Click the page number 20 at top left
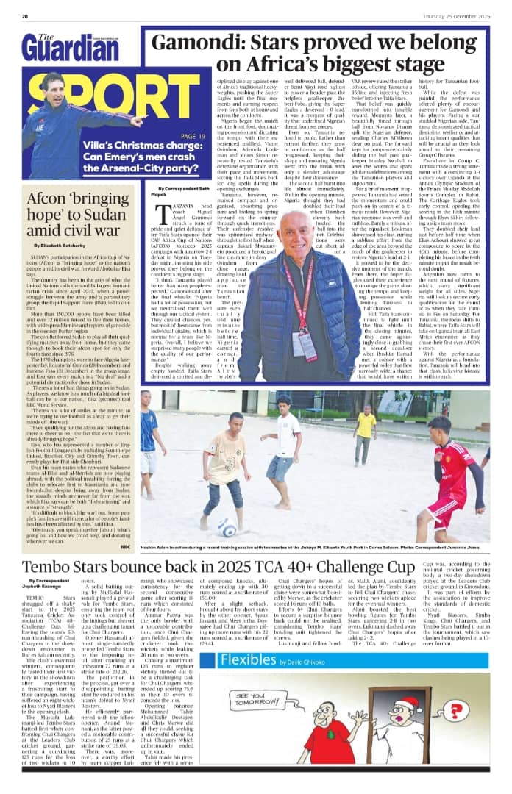click(24, 16)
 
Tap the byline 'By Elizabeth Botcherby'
click(58, 243)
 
